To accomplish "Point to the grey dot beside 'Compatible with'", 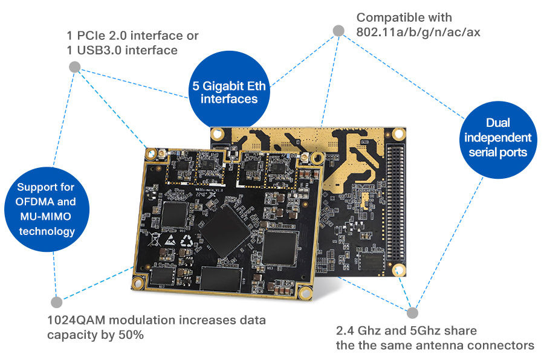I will pyautogui.click(x=338, y=31).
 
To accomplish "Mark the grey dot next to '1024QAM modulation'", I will pyautogui.click(x=56, y=301).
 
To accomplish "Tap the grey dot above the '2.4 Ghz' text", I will pyautogui.click(x=412, y=312).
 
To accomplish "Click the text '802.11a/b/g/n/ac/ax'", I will pyautogui.click(x=418, y=33).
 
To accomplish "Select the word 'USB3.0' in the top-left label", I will pyautogui.click(x=100, y=50).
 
